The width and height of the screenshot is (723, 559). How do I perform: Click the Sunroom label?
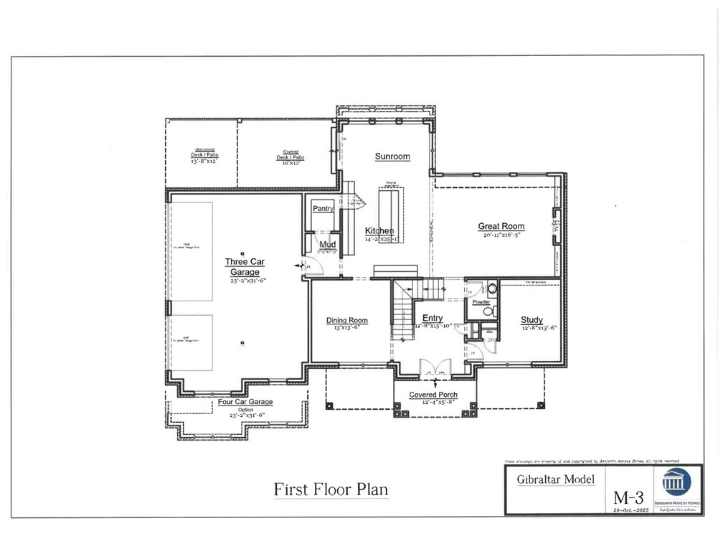tap(392, 156)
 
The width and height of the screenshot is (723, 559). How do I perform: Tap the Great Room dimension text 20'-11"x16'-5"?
tap(501, 235)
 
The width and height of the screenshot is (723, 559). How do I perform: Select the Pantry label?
tap(320, 208)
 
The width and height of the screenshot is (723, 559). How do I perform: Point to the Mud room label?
tap(327, 245)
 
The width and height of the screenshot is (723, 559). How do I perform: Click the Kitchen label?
tap(379, 230)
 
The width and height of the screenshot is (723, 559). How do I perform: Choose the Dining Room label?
tap(347, 321)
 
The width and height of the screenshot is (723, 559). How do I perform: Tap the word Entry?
tap(433, 318)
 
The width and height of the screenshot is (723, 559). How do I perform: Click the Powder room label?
tap(481, 302)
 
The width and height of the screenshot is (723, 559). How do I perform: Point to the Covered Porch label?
tap(433, 395)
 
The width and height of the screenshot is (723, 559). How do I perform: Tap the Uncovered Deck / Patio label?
tap(204, 155)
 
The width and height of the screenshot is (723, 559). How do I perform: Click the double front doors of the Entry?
tap(433, 367)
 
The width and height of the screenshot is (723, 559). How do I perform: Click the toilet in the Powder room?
tap(492, 289)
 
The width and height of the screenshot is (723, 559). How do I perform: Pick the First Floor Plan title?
tap(331, 489)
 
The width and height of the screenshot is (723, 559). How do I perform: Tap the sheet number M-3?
tap(629, 497)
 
